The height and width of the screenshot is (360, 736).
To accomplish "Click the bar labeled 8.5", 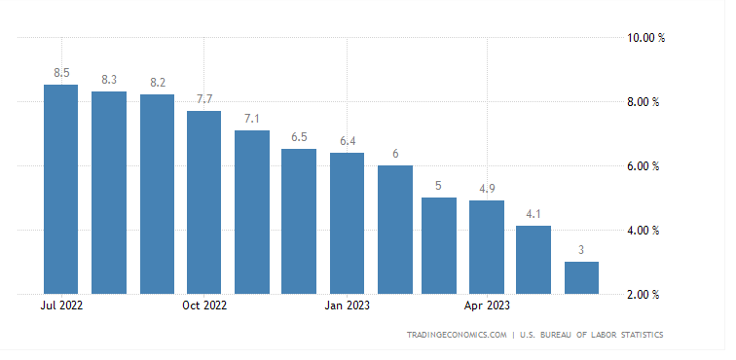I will (61, 189).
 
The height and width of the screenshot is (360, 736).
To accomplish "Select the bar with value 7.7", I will (203, 201).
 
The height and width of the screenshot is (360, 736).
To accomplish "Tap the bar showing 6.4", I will (347, 223).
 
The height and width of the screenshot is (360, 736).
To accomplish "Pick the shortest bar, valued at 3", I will (581, 277).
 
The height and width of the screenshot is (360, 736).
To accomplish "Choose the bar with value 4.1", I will (534, 259).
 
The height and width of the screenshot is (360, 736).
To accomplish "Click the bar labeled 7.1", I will (252, 211).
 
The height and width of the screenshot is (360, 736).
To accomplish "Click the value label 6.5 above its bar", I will (299, 137).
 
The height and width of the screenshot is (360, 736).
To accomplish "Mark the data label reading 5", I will (439, 186).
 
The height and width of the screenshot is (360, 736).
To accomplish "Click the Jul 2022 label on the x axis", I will (61, 306).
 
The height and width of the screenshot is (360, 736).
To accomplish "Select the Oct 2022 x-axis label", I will (203, 306).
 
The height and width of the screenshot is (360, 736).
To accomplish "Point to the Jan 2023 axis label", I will (347, 306).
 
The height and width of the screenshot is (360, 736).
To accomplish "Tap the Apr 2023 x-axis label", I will (487, 306).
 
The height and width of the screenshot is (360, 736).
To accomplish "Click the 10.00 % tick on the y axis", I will (644, 38).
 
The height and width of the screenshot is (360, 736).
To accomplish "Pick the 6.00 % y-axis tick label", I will (644, 166).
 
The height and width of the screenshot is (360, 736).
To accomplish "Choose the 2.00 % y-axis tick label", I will (644, 294).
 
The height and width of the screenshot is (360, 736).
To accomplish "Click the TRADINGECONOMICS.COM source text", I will (457, 336).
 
